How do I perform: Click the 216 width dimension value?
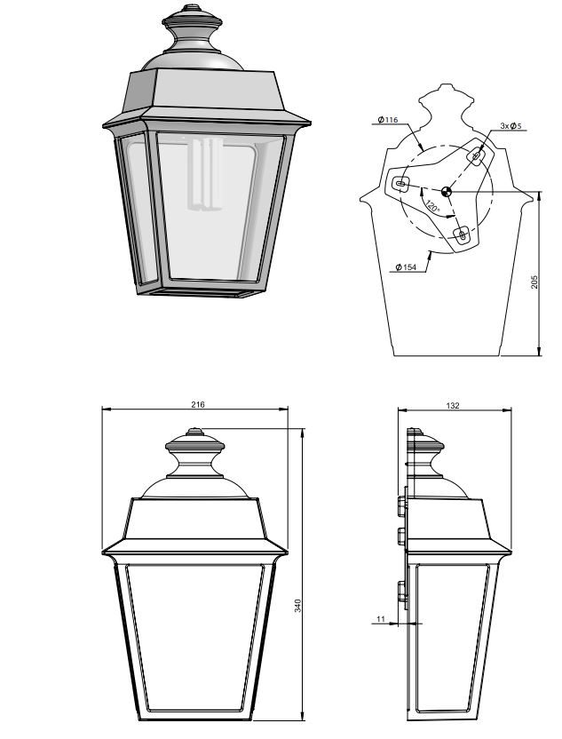coord(198,404)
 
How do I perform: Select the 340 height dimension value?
coord(297,605)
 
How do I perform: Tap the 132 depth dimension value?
coord(452,405)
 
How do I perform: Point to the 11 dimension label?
coord(381,619)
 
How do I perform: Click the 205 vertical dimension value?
coord(534,282)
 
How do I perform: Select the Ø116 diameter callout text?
coord(388,120)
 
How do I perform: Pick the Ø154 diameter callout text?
coord(406,267)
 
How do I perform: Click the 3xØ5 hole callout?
coord(511,126)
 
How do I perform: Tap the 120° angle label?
coord(432,206)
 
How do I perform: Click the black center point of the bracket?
coord(446,192)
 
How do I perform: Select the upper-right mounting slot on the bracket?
coord(476,155)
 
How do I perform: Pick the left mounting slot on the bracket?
coord(401,183)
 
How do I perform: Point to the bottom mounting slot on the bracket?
coord(461,234)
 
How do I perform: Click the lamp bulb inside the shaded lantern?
coord(204,173)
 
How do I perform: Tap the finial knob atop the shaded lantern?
coord(192,29)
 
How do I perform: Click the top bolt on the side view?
coord(402,506)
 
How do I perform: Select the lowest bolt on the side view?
coord(402,592)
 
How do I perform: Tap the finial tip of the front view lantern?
coord(194,431)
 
